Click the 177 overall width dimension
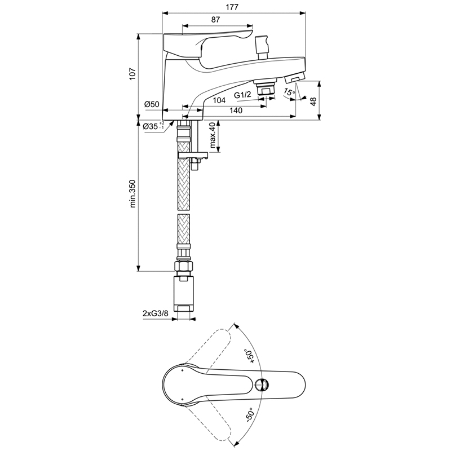[232, 7]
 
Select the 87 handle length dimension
[215, 20]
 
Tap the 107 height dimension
[132, 74]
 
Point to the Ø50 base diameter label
[152, 104]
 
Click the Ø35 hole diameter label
[153, 126]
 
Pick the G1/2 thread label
[242, 95]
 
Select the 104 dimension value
[219, 100]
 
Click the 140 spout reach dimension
[236, 110]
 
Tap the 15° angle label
[289, 92]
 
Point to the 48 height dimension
[313, 101]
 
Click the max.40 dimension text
[213, 135]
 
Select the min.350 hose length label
[132, 193]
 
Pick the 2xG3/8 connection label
[156, 313]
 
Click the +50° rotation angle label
[249, 356]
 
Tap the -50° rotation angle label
[249, 414]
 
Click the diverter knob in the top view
[262, 385]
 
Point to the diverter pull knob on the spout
[262, 47]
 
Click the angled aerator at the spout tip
[294, 78]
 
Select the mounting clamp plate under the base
[193, 156]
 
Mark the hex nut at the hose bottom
[184, 266]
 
